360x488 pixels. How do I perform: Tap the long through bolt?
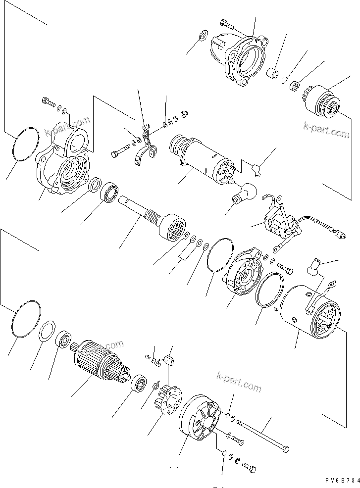pos(262,434)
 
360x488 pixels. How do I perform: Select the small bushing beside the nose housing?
pos(272,74)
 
